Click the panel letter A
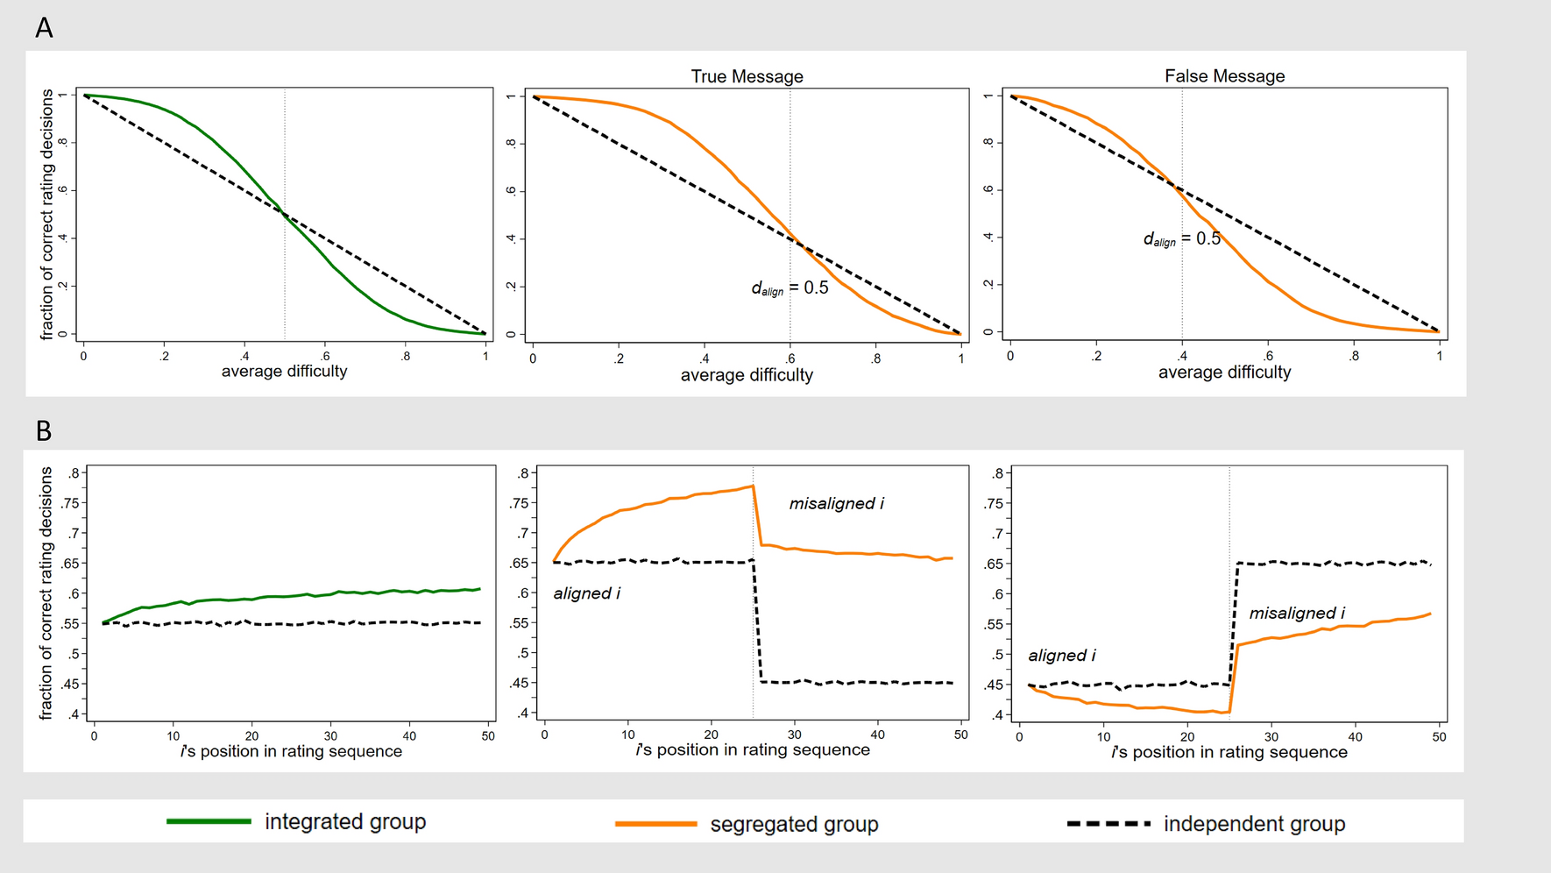[44, 29]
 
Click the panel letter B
[44, 431]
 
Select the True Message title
[747, 76]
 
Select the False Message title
[1224, 76]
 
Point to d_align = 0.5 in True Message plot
[790, 287]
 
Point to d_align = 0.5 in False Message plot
[1181, 238]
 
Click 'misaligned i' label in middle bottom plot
[836, 503]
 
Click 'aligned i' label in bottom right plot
[1061, 655]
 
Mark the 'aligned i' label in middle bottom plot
[586, 593]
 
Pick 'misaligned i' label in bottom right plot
[1296, 613]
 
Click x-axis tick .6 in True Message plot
[790, 358]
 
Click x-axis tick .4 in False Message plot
[1181, 356]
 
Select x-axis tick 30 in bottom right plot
[1271, 737]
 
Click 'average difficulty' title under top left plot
[284, 371]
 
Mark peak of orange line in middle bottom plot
[753, 486]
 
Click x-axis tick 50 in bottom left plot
[488, 736]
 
